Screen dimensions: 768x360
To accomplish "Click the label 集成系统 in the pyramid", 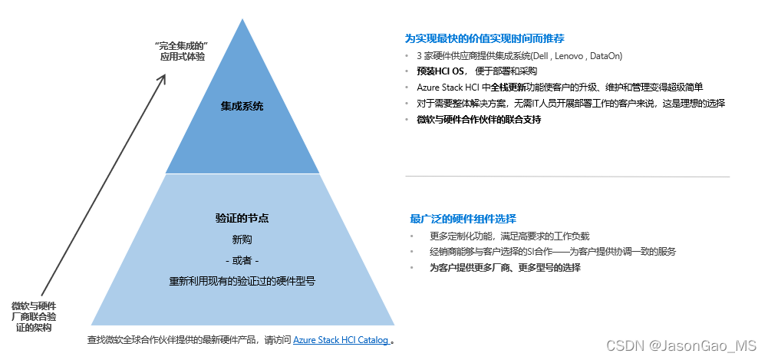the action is [x=242, y=106].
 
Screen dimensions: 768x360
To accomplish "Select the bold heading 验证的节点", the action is [x=242, y=219].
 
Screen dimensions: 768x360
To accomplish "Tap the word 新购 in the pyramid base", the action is [x=242, y=239].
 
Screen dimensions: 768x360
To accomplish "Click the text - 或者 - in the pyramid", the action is [x=242, y=260].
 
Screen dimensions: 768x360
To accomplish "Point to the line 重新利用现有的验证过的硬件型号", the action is [x=242, y=281].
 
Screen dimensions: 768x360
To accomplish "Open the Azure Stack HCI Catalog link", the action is [x=341, y=339].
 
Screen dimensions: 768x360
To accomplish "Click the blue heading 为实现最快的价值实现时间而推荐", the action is [x=485, y=38].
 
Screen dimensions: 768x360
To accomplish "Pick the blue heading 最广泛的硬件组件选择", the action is [x=463, y=218].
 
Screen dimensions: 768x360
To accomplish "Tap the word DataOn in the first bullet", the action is [x=605, y=56].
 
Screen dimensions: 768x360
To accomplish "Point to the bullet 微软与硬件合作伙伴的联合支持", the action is [x=479, y=120].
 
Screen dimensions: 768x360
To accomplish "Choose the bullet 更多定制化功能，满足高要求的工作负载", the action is [x=509, y=236].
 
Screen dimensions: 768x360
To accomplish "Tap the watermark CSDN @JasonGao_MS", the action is [x=681, y=345].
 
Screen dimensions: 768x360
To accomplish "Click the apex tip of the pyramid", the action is [x=242, y=19].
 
